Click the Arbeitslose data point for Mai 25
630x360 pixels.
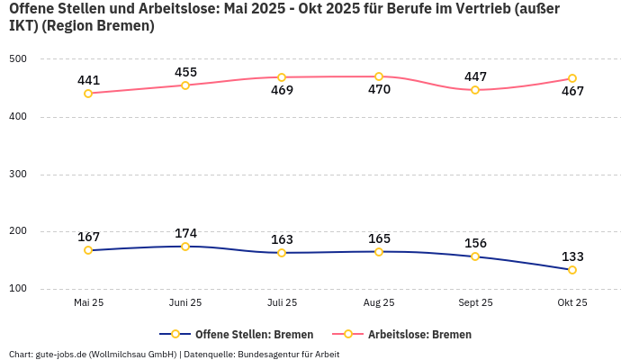(88, 94)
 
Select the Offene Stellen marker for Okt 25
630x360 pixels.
(572, 270)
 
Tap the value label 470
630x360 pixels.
(379, 90)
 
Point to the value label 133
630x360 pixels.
(572, 256)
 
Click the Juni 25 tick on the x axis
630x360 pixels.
(185, 303)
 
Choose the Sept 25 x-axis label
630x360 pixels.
(475, 303)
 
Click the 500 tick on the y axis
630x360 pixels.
(18, 59)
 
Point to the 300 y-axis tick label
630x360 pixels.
(18, 175)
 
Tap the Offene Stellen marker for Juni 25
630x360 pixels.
(185, 247)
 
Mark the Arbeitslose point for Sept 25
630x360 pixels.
(475, 90)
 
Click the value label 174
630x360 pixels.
(185, 233)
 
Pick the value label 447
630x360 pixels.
(475, 76)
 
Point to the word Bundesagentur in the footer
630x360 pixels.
(271, 355)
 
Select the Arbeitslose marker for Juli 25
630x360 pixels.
(282, 77)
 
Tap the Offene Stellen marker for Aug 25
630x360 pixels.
(379, 252)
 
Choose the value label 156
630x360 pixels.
(475, 243)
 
